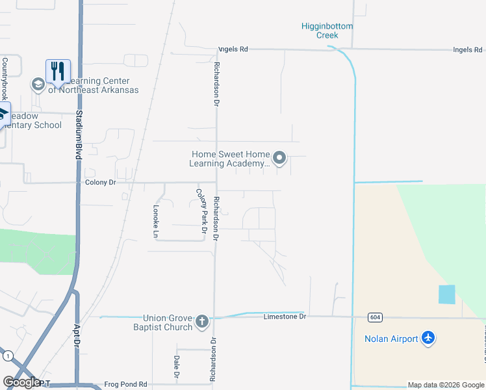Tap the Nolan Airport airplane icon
pos(428,338)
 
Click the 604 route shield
pos(374,317)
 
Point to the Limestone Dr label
pos(285,317)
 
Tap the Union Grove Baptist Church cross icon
pos(202,321)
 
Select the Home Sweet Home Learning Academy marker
pos(279,158)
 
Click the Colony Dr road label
pos(100,183)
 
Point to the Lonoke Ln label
pos(156,220)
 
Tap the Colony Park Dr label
pos(202,211)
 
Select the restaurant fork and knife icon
pos(58,71)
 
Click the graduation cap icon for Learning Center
pos(38,84)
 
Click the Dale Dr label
pos(176,367)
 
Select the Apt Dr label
pos(77,335)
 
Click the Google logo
pos(21,382)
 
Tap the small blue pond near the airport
pos(447,294)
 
